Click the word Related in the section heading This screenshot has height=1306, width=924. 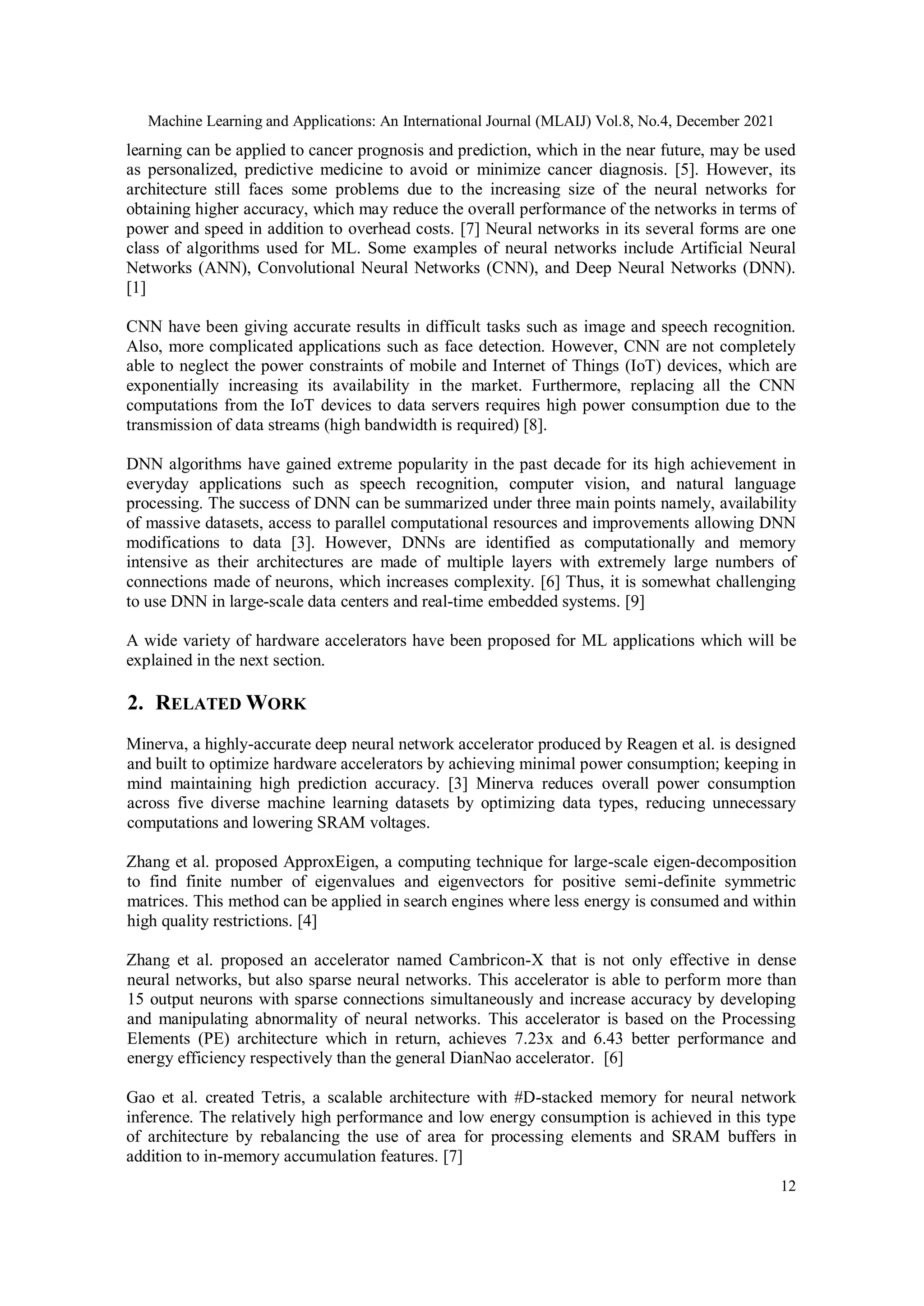coord(198,704)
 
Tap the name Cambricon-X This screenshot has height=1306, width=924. coord(494,960)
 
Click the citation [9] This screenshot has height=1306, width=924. coord(634,602)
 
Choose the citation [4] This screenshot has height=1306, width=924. coord(307,921)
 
